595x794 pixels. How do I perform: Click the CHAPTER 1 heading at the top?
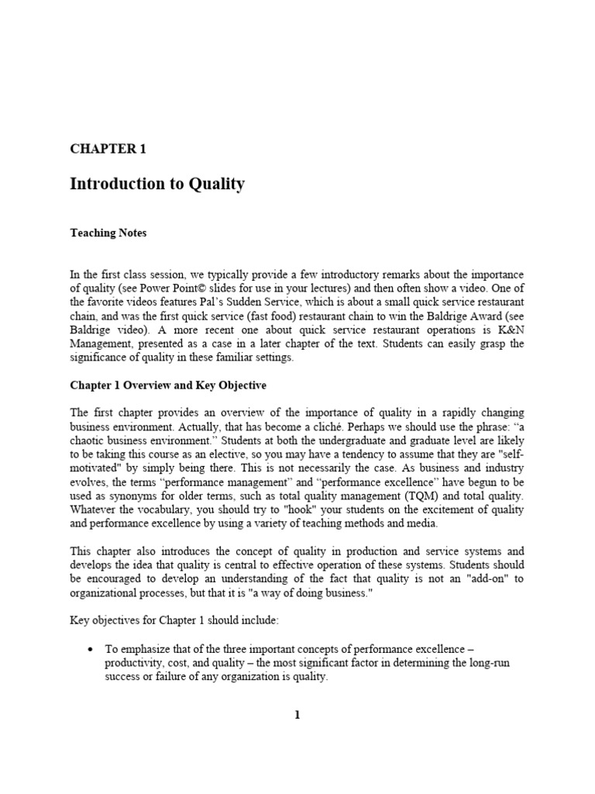pyautogui.click(x=108, y=149)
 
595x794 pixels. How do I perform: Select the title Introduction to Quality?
pyautogui.click(x=157, y=184)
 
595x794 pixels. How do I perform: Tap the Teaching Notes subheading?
pyautogui.click(x=108, y=233)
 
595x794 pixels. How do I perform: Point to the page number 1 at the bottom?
pyautogui.click(x=297, y=715)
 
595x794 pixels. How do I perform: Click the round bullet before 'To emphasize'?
pyautogui.click(x=92, y=648)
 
